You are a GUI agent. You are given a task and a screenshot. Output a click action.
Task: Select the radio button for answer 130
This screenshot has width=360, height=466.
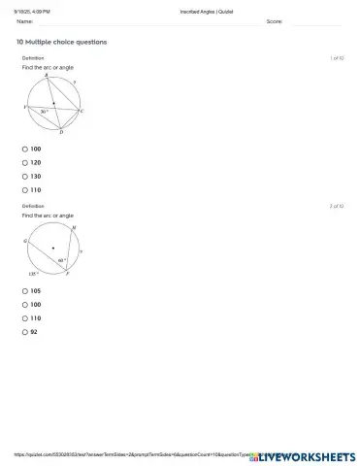25,177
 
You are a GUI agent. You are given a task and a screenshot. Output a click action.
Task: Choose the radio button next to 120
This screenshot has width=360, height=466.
25,163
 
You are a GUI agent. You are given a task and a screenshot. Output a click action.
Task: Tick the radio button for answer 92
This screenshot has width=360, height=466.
25,332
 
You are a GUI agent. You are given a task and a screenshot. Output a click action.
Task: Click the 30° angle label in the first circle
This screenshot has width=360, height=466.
44,111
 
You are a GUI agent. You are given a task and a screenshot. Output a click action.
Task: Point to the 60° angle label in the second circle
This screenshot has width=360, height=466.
62,260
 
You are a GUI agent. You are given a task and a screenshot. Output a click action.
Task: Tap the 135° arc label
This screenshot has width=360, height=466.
33,275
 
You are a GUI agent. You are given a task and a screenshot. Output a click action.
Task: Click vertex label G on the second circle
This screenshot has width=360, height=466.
25,239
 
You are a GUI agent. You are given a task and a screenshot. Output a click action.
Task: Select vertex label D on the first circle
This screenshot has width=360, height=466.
61,133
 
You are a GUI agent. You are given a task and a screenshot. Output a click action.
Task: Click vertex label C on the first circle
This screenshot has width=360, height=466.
82,112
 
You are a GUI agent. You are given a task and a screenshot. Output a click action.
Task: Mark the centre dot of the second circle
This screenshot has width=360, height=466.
53,249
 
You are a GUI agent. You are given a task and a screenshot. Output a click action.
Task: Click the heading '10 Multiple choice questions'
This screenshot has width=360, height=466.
61,43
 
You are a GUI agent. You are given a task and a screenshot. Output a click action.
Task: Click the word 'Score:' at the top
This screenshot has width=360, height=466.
274,20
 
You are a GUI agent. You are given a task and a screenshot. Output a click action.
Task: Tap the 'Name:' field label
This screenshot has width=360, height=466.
25,20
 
